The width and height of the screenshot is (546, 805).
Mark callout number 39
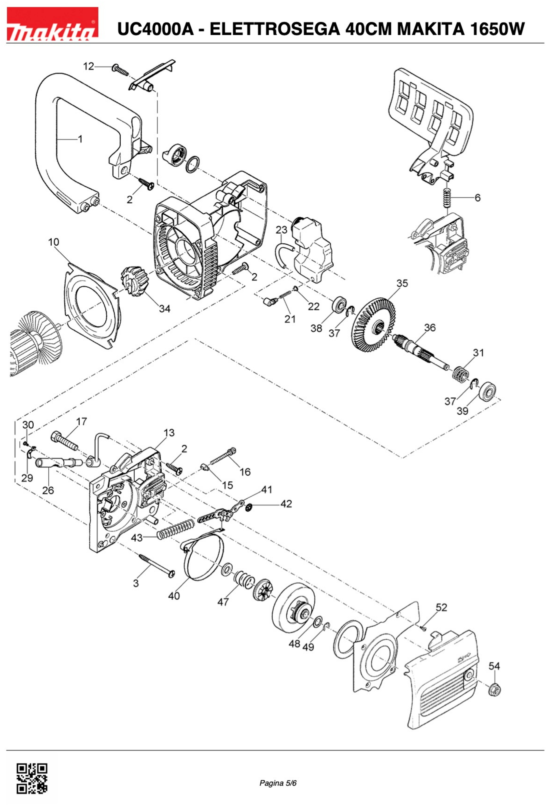462,411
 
